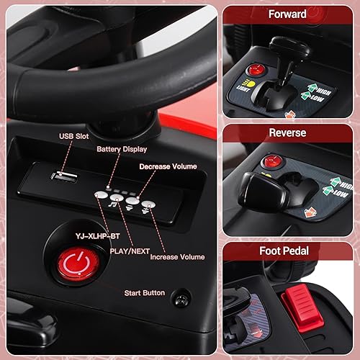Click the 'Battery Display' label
tap(122, 149)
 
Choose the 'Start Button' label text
tap(144, 292)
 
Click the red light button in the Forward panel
tap(254, 71)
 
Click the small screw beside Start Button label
tap(184, 295)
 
